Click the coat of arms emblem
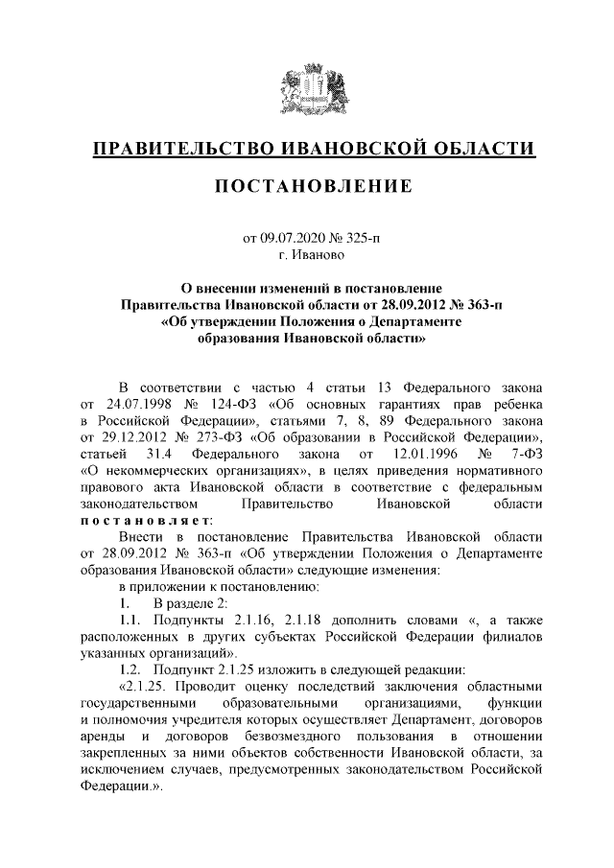point(308,87)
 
